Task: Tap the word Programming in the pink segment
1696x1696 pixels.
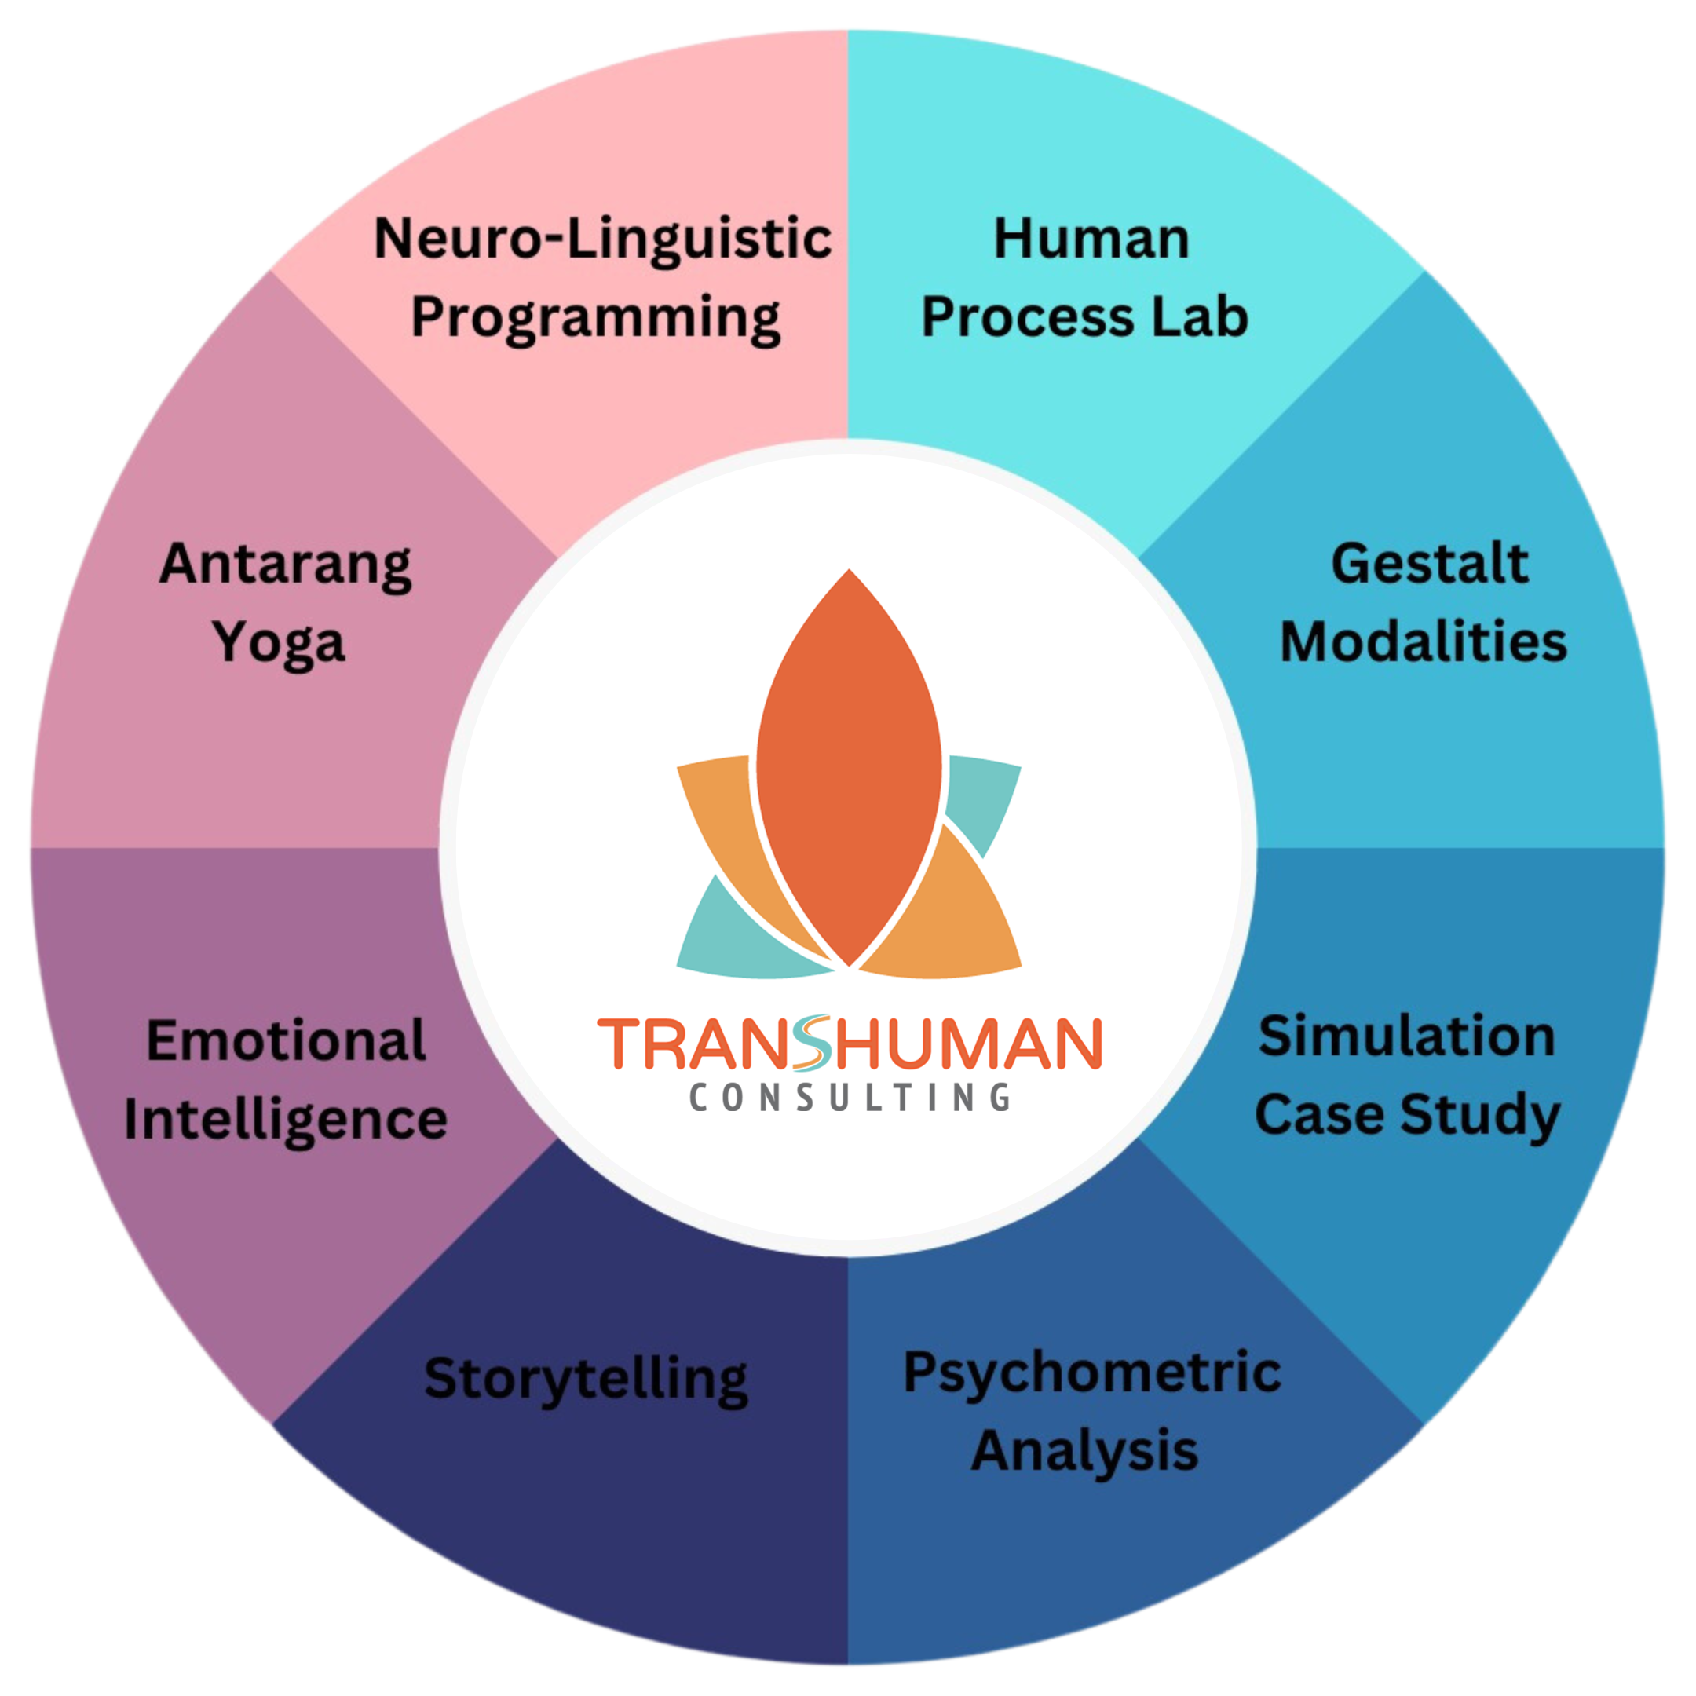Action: pyautogui.click(x=596, y=319)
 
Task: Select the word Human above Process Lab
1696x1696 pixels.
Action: pyautogui.click(x=1091, y=239)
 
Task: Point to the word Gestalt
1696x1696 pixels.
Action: pyautogui.click(x=1429, y=564)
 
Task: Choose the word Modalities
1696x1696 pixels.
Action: pyautogui.click(x=1423, y=641)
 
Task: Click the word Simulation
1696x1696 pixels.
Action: pyautogui.click(x=1406, y=1036)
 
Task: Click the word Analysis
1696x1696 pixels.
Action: pyautogui.click(x=1084, y=1450)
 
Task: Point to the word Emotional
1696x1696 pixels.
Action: pyautogui.click(x=286, y=1041)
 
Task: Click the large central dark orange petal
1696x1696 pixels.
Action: pyautogui.click(x=849, y=767)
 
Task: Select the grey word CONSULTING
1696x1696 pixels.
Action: pyautogui.click(x=849, y=1098)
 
